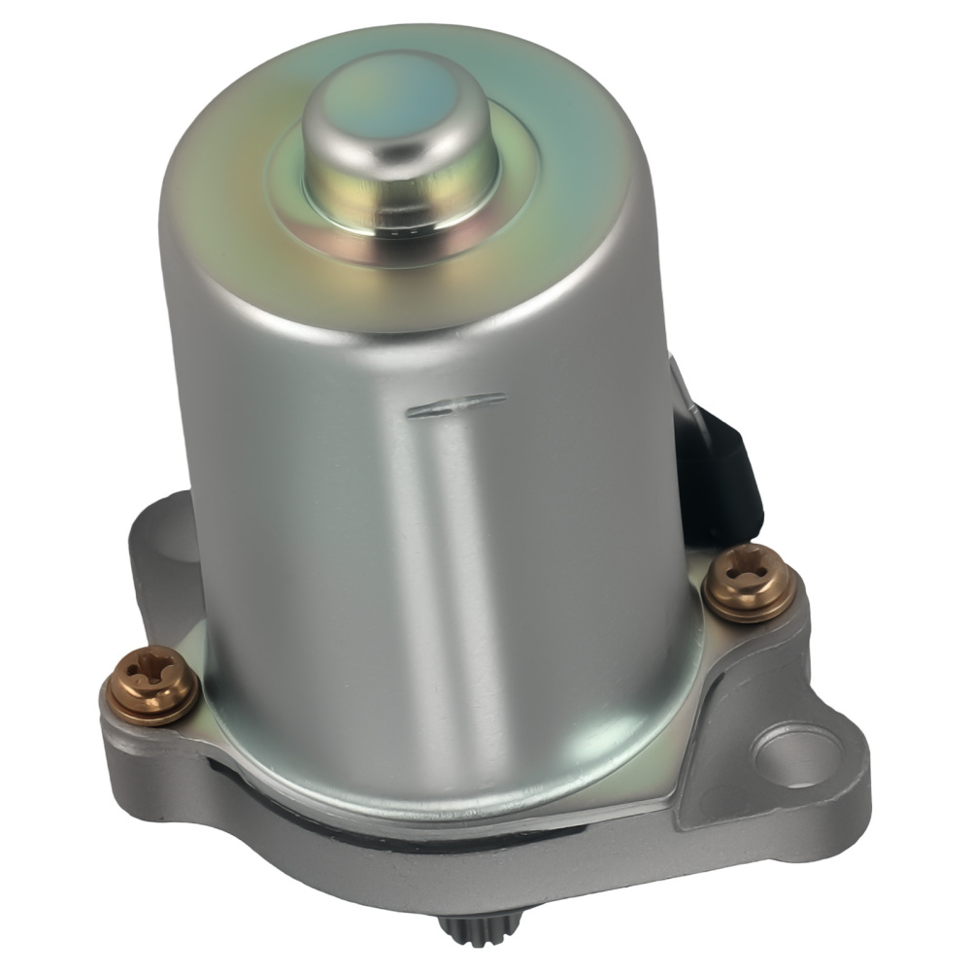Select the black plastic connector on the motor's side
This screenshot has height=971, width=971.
click(x=723, y=476)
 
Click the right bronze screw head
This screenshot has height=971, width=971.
click(x=750, y=580)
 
